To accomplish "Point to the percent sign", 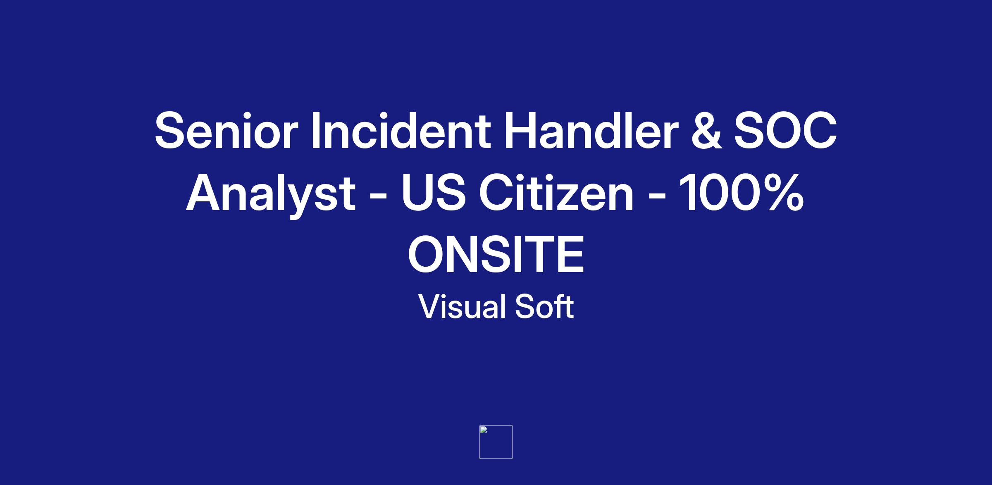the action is [783, 192].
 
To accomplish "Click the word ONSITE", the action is [496, 254].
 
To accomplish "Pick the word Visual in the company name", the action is [463, 306].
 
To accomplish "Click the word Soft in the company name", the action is [544, 306].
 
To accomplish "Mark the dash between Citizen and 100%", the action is [656, 196].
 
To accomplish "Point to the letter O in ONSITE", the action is [427, 254].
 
